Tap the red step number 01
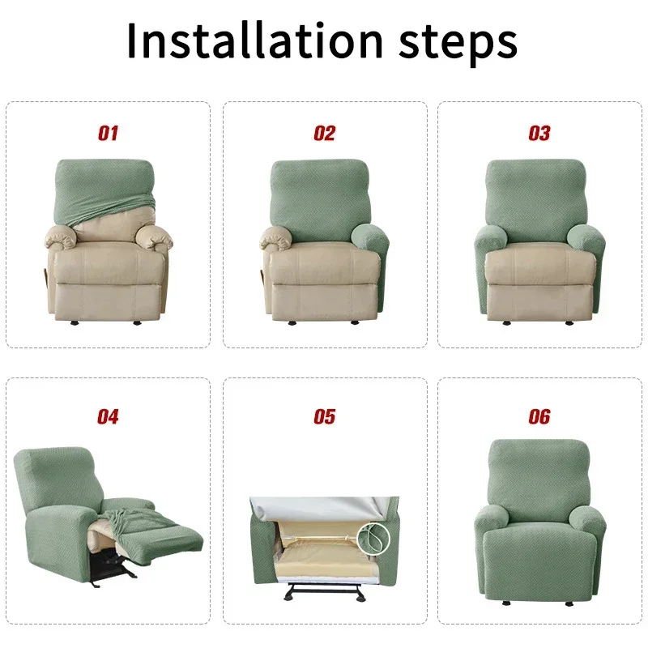coord(109,134)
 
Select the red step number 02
coord(324,134)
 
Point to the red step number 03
coord(539,134)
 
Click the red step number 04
coord(109,417)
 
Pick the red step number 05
coord(324,417)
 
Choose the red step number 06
coord(539,417)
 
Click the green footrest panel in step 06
coord(539,559)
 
